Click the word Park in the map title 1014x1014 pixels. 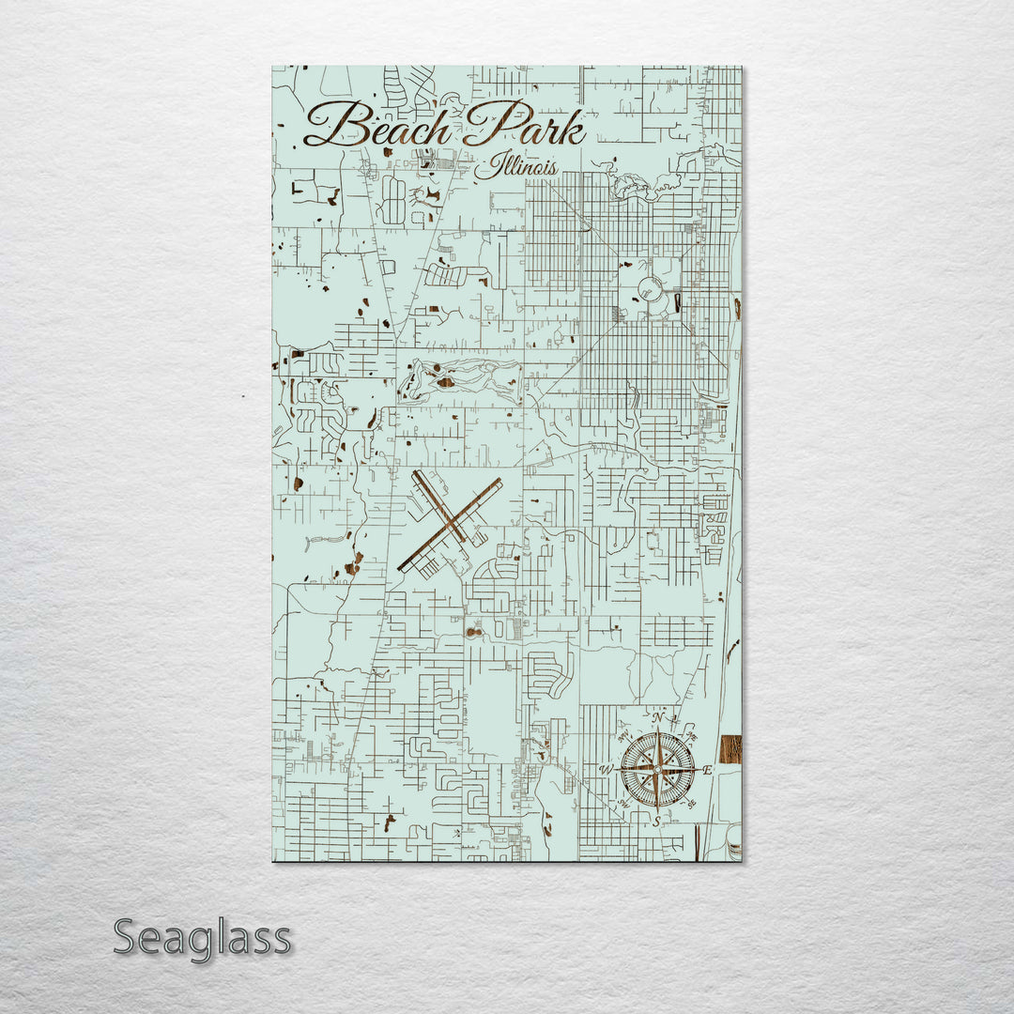527,126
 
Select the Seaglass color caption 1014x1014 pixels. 202,938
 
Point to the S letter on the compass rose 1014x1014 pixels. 657,821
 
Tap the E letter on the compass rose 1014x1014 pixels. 708,770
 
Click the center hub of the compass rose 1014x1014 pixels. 657,770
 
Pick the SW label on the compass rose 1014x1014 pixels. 623,805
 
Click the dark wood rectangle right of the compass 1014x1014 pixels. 730,749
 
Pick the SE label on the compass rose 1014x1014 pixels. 692,805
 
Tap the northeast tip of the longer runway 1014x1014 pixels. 499,482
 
